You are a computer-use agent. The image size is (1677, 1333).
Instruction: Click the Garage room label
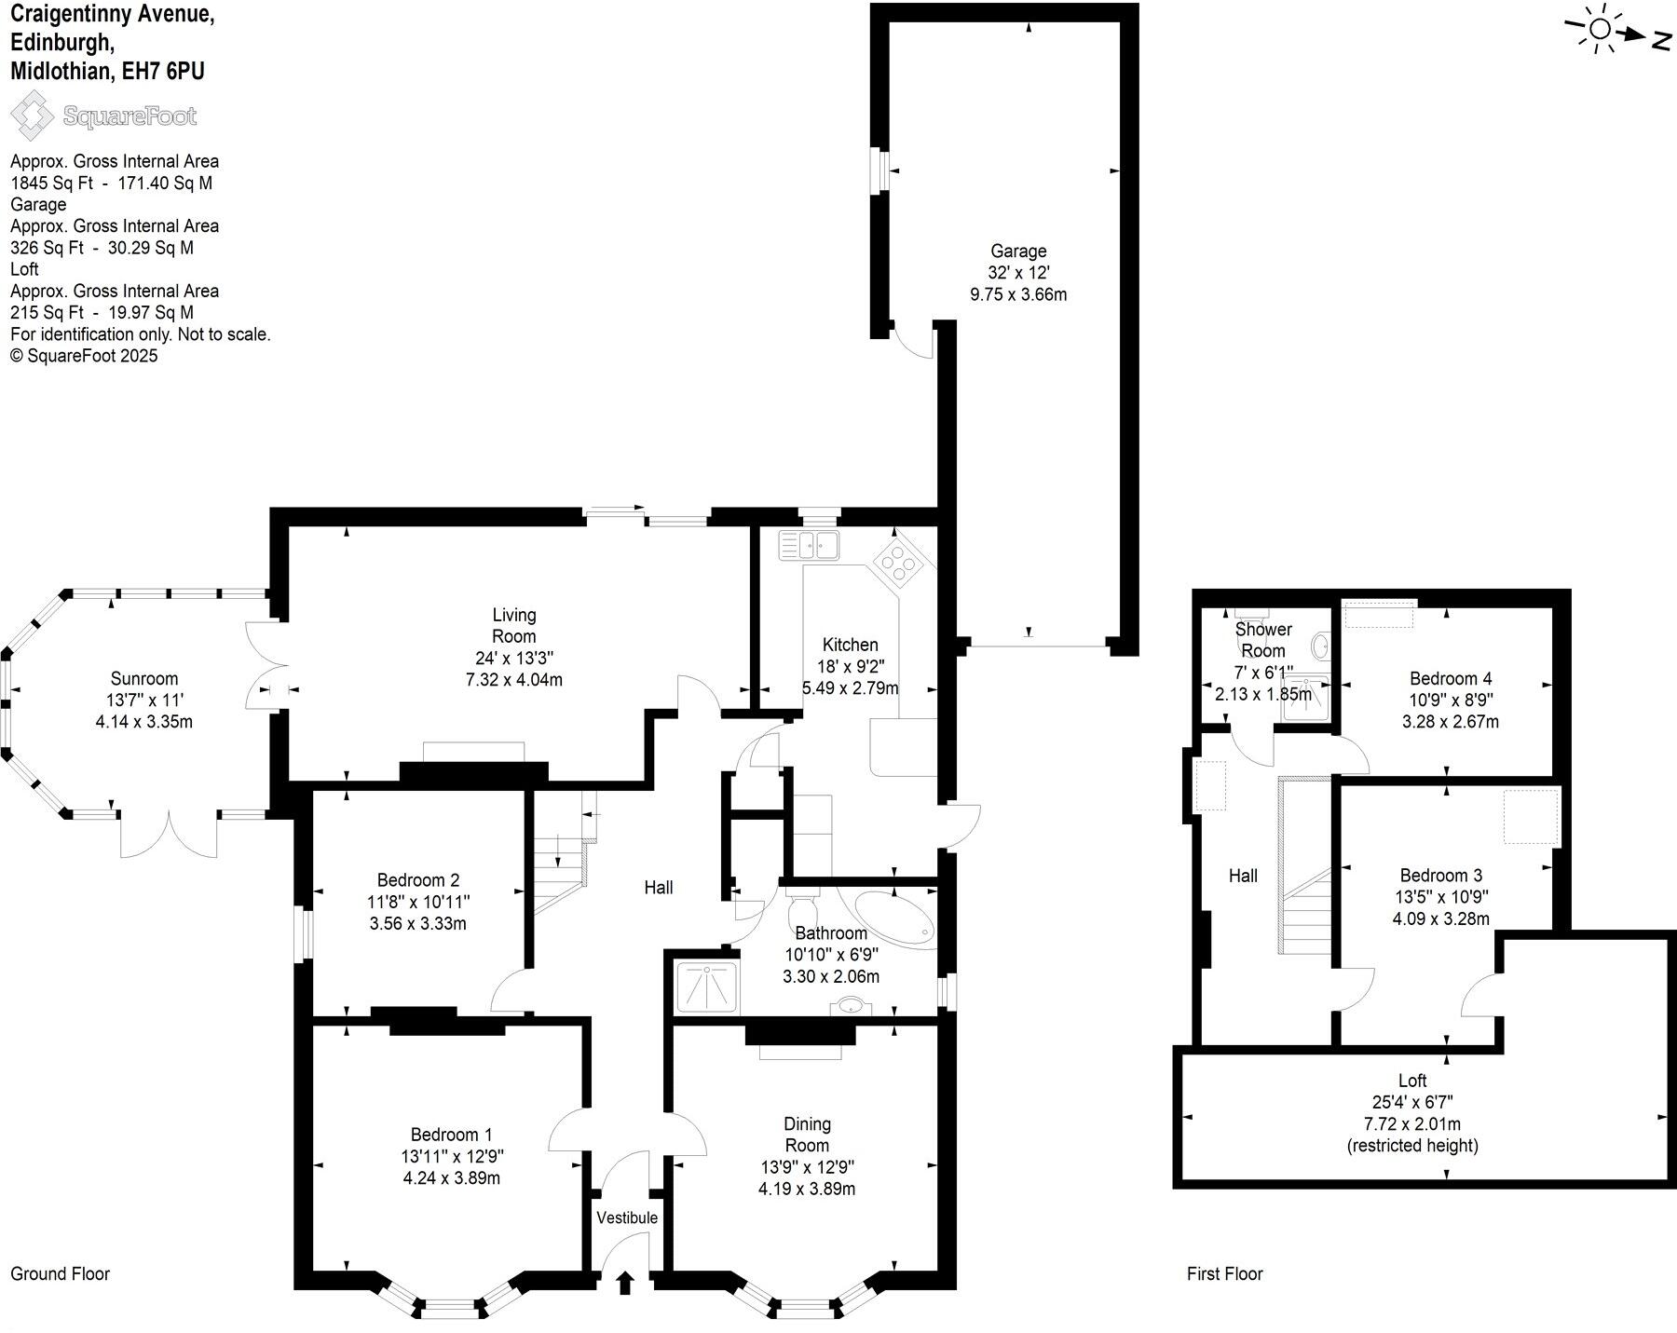[x=1017, y=251]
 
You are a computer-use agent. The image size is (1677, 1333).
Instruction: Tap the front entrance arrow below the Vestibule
[x=625, y=1283]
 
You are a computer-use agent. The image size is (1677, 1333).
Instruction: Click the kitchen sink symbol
[x=809, y=544]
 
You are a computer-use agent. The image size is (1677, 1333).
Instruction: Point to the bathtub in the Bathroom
[x=893, y=917]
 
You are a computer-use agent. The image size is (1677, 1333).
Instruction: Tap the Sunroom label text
[x=143, y=678]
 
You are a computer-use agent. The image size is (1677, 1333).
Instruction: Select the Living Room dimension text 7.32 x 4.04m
[x=513, y=680]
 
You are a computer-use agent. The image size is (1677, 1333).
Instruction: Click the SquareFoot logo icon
[x=32, y=116]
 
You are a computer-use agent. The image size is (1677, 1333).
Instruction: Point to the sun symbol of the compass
[x=1600, y=30]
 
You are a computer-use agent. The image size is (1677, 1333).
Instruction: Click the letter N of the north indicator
[x=1661, y=40]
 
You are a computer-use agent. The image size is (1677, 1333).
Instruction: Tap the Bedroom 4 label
[x=1450, y=678]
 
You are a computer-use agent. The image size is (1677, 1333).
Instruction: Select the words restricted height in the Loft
[x=1412, y=1146]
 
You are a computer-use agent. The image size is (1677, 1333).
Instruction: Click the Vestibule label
[x=626, y=1217]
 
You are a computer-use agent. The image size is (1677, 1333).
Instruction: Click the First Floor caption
[x=1224, y=1273]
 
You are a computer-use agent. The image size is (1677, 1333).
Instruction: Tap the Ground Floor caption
[x=60, y=1273]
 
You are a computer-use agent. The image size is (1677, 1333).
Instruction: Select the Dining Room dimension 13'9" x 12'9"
[x=807, y=1167]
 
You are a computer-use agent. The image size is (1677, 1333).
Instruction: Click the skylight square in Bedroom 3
[x=1531, y=817]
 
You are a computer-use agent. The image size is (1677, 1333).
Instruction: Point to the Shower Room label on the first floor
[x=1262, y=640]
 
